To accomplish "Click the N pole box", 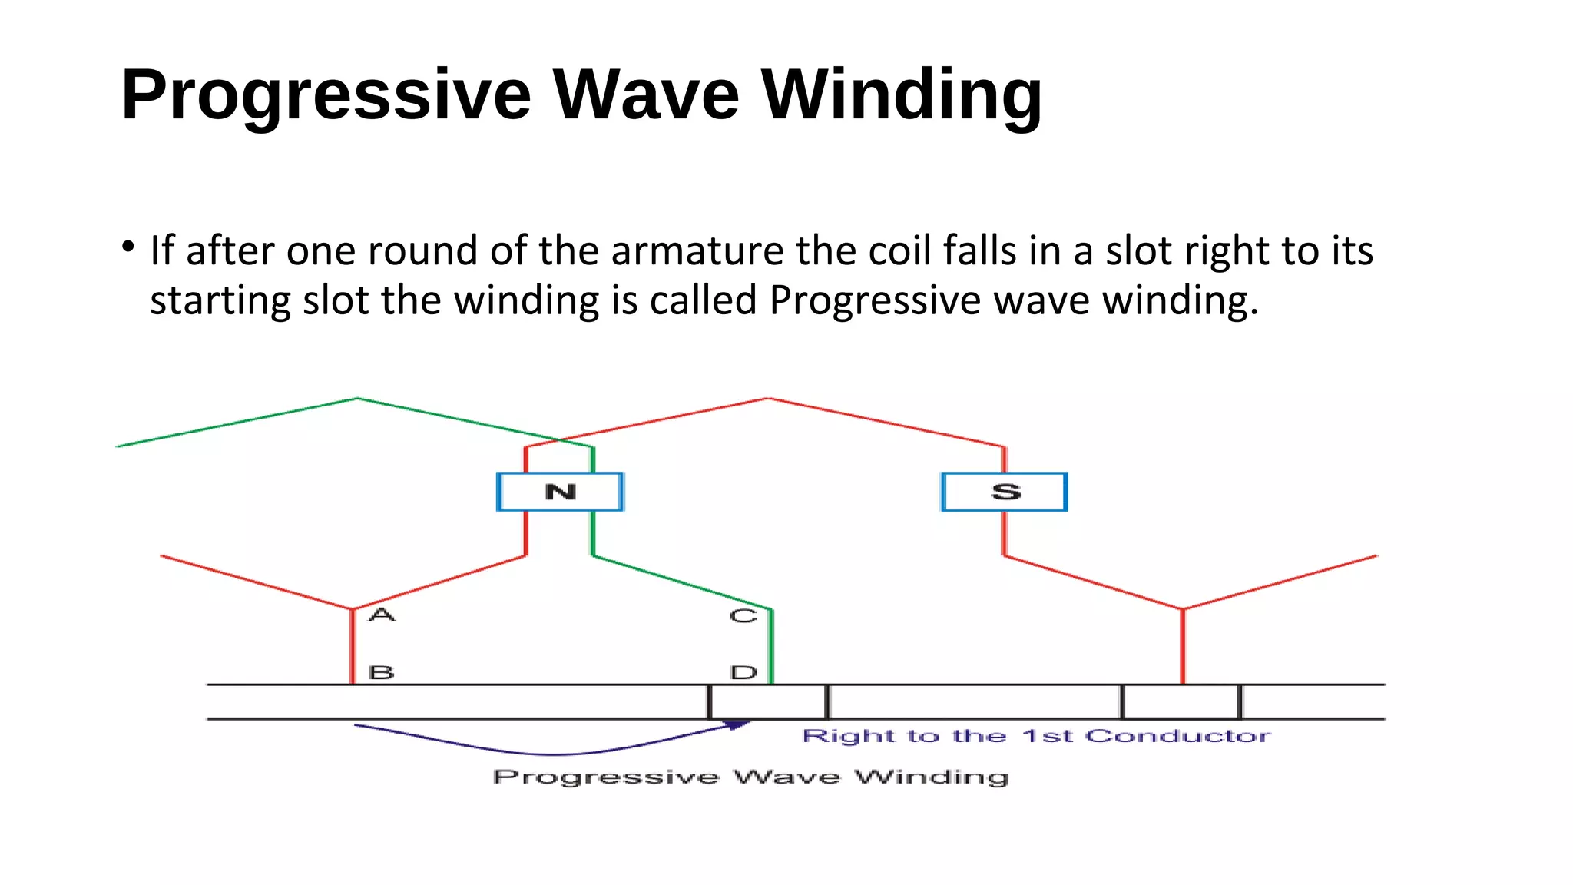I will click(x=560, y=492).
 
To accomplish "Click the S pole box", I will click(x=1005, y=492).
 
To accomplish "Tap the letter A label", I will click(x=382, y=615).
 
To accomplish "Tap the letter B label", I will click(x=382, y=672).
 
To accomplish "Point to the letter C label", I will click(x=743, y=616).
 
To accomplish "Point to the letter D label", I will click(x=743, y=673).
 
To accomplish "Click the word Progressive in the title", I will click(x=326, y=95).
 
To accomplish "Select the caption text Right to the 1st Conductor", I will click(x=1036, y=736).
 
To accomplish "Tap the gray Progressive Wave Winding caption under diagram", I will click(x=750, y=777).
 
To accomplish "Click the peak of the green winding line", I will click(x=358, y=399).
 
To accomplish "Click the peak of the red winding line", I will click(x=767, y=399).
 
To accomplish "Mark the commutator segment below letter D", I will click(x=768, y=701).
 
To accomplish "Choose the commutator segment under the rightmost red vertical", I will click(x=1181, y=701).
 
